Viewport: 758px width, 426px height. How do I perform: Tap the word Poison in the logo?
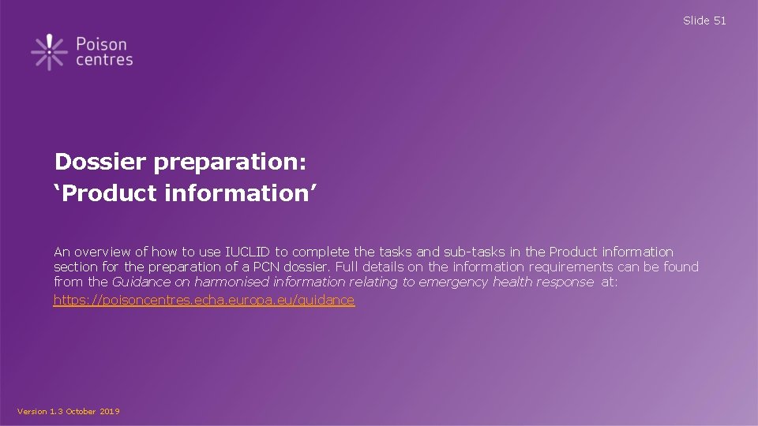[x=101, y=44]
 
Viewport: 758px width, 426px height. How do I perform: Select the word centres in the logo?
[x=104, y=60]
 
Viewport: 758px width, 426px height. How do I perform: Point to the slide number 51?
[x=719, y=21]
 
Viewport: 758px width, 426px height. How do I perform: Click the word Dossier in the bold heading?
[x=100, y=163]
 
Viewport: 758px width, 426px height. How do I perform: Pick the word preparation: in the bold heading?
[x=230, y=163]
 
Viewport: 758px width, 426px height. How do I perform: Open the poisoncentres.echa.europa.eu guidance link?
[x=204, y=301]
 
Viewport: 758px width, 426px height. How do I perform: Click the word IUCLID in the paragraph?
[x=248, y=252]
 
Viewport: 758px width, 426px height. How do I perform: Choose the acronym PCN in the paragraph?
[x=291, y=267]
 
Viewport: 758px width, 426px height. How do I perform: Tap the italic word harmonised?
[x=231, y=282]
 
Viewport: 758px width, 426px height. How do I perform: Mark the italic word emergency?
[x=453, y=282]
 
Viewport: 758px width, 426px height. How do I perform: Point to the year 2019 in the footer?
[x=110, y=412]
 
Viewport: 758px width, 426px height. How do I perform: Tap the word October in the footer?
[x=81, y=412]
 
